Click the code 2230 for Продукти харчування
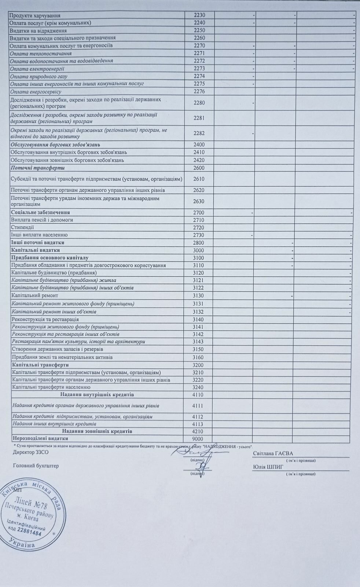tap(199, 15)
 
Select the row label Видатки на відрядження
tap(38, 31)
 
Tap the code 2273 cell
tap(199, 69)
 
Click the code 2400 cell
tap(199, 145)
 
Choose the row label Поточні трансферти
tap(38, 168)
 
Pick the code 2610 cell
tap(199, 179)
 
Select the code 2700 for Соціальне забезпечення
tap(198, 213)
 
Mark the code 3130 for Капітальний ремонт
tap(198, 295)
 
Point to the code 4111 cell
tap(198, 406)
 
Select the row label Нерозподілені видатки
tap(40, 438)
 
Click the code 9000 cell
tap(197, 439)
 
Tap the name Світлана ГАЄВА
tap(273, 454)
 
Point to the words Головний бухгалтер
tap(36, 466)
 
